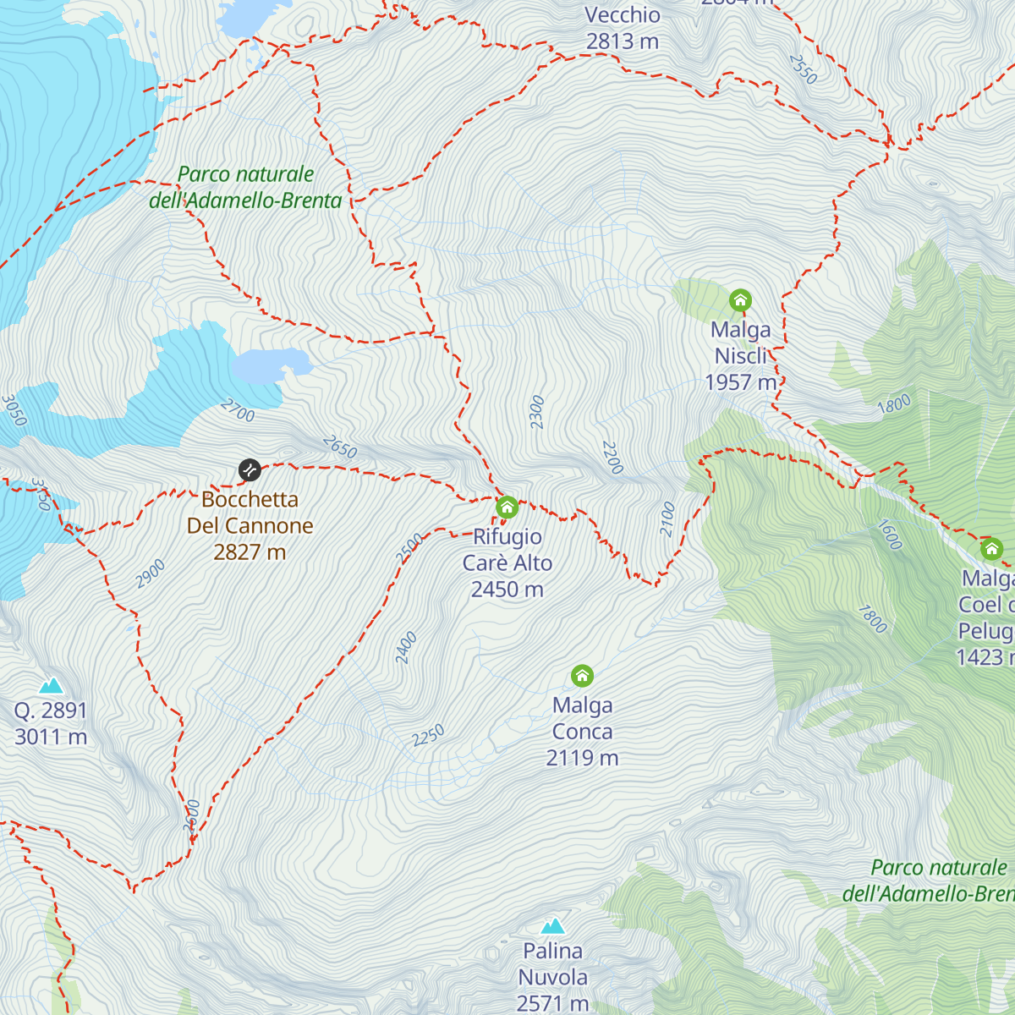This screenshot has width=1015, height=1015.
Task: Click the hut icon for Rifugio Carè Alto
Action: click(507, 507)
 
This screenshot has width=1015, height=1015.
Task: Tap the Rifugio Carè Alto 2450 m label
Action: click(507, 563)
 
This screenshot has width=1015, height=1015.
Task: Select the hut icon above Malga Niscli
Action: click(740, 300)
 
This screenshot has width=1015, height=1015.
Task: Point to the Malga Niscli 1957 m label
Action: click(741, 356)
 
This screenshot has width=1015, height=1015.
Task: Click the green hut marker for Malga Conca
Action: click(582, 676)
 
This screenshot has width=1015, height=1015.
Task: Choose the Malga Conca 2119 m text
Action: click(582, 732)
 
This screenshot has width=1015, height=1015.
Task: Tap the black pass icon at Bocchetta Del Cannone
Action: click(250, 469)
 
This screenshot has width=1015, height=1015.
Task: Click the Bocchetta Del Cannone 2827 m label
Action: click(250, 525)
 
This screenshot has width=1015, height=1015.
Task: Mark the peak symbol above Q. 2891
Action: click(51, 685)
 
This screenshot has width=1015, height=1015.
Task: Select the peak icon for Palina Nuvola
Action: click(553, 925)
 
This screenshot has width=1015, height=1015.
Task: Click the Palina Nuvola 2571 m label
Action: click(553, 977)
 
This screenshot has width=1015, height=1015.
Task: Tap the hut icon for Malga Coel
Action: click(991, 549)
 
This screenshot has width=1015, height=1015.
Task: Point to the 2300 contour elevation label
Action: click(537, 412)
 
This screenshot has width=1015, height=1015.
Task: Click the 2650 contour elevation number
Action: click(340, 447)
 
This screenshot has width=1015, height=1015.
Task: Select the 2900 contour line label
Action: click(151, 573)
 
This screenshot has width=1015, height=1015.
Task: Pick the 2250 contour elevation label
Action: click(428, 736)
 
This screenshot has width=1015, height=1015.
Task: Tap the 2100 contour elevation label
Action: click(668, 519)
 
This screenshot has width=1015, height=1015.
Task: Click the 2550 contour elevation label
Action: click(803, 69)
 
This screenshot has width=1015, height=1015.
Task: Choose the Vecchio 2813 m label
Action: click(623, 28)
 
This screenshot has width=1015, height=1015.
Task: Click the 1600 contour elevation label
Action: click(889, 535)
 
